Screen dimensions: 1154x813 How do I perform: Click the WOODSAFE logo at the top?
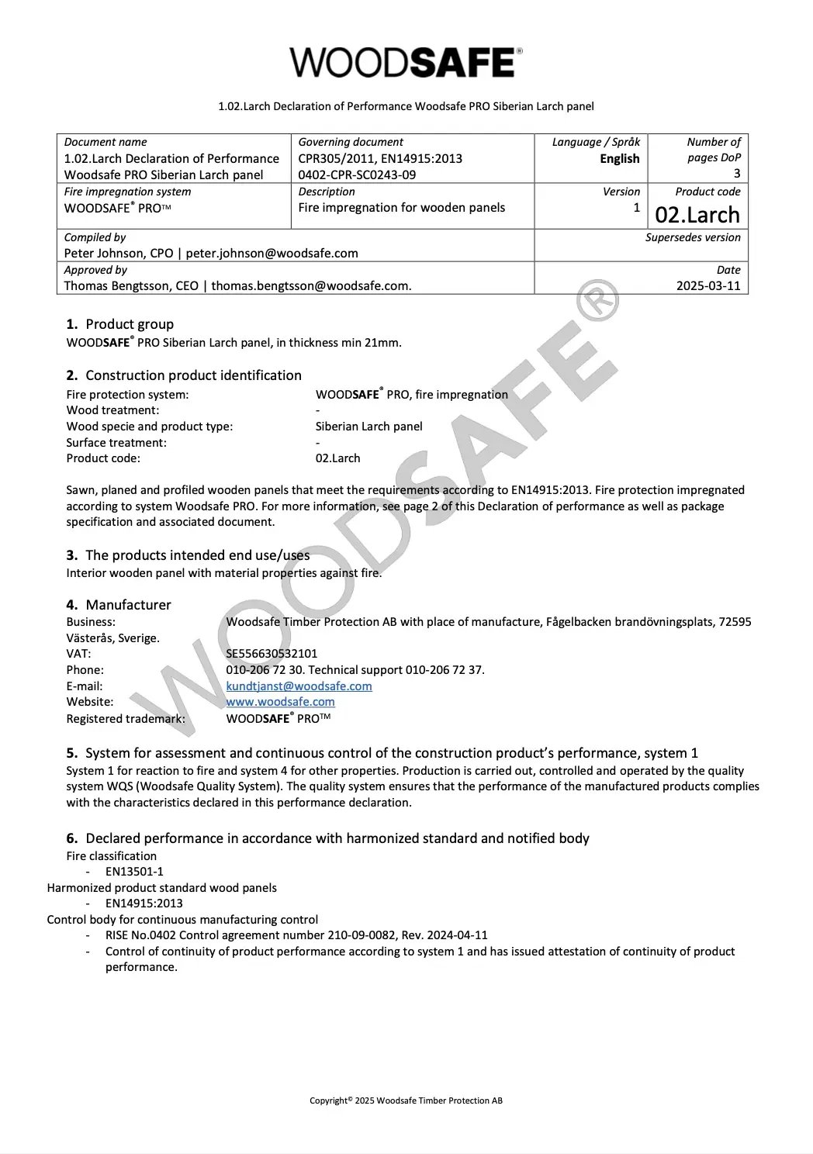(406, 62)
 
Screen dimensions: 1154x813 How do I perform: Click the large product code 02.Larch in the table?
(697, 214)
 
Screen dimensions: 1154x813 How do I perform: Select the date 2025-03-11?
(708, 285)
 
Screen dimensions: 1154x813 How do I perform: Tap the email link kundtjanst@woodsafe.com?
(299, 686)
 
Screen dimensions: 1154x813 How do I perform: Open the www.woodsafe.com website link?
(280, 702)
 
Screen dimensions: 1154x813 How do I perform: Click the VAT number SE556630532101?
(272, 654)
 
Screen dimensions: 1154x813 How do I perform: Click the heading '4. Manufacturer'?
(119, 605)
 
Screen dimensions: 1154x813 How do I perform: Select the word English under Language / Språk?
(619, 158)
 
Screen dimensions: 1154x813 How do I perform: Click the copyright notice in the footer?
(406, 1100)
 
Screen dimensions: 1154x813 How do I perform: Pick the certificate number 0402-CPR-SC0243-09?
(357, 174)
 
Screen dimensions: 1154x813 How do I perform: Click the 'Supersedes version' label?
(693, 237)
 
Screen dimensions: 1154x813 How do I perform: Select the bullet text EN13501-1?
(134, 872)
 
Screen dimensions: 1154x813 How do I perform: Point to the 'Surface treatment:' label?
(116, 442)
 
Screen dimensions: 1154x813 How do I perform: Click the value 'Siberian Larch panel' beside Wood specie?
(368, 426)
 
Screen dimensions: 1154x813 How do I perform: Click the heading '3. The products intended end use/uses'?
(188, 555)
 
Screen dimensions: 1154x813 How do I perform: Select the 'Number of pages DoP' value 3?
(736, 174)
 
